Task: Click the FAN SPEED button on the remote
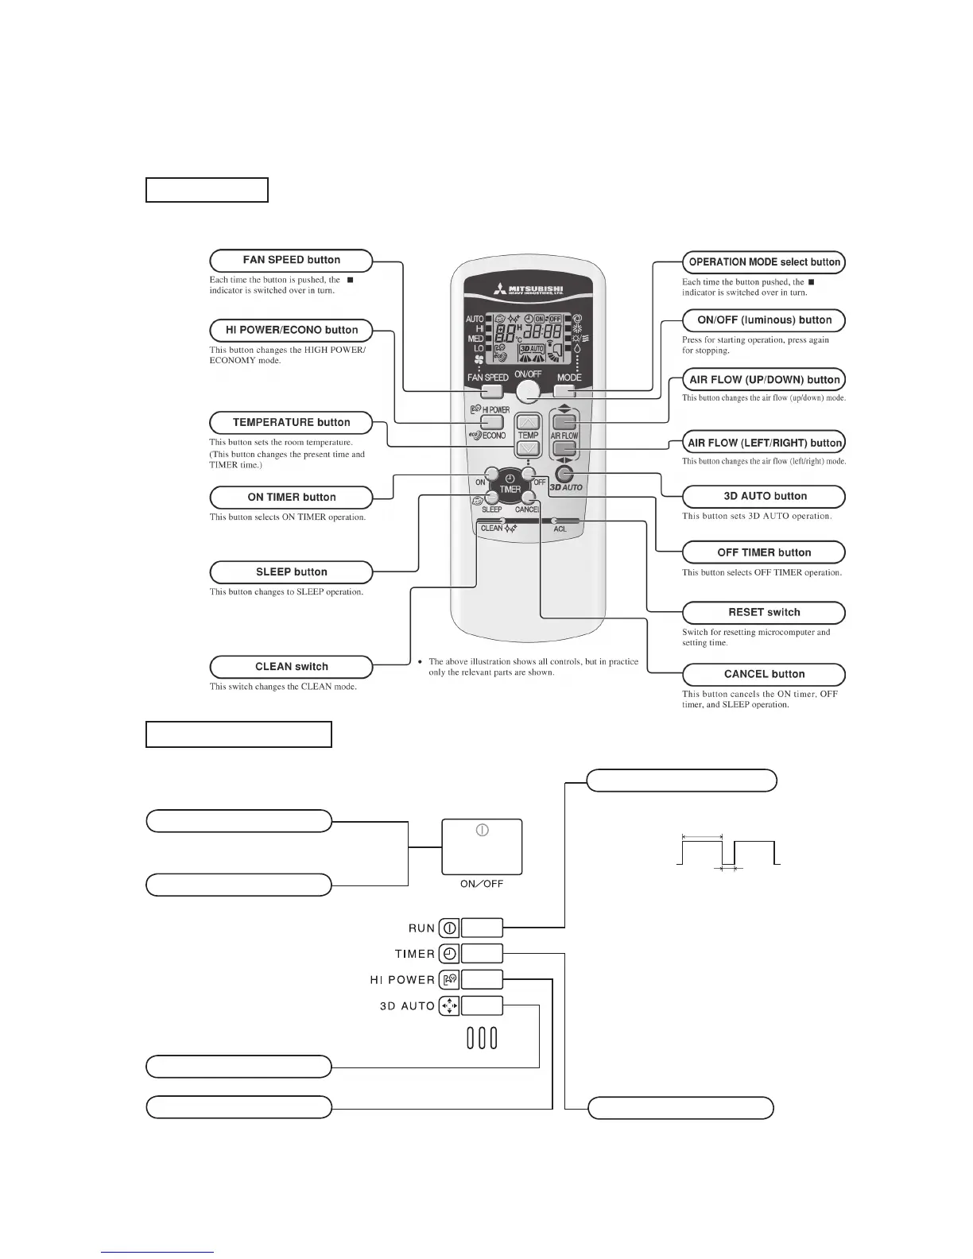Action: pyautogui.click(x=491, y=391)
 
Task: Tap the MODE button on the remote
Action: pyautogui.click(x=565, y=391)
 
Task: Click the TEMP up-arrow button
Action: pyautogui.click(x=528, y=422)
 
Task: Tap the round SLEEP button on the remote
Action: pyautogui.click(x=492, y=498)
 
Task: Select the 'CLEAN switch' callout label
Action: pyautogui.click(x=291, y=667)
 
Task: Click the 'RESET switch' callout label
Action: pyautogui.click(x=763, y=613)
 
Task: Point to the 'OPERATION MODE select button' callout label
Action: pyautogui.click(x=763, y=262)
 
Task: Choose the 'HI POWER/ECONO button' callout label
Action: pyautogui.click(x=291, y=330)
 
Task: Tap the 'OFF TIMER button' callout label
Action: pyautogui.click(x=763, y=552)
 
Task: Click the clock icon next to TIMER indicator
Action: pyautogui.click(x=449, y=954)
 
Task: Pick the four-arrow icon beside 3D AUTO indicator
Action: pyautogui.click(x=449, y=1006)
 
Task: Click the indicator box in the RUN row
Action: pyautogui.click(x=482, y=928)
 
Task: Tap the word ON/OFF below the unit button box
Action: pyautogui.click(x=482, y=884)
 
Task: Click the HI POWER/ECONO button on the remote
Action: pyautogui.click(x=492, y=422)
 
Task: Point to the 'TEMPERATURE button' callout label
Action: pyautogui.click(x=291, y=423)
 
